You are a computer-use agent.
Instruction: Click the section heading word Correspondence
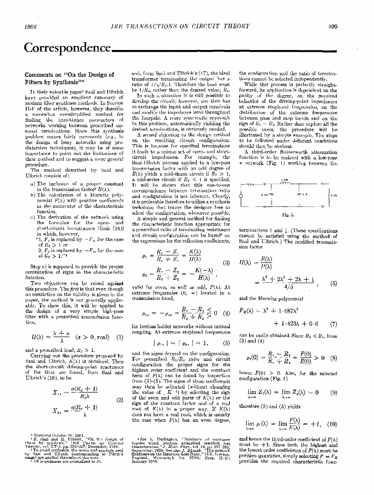coord(68,48)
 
